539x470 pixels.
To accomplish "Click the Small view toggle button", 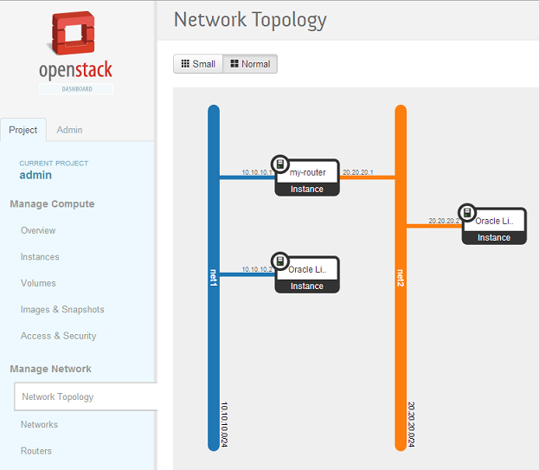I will pos(198,64).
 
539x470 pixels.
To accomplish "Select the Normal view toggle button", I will pos(250,64).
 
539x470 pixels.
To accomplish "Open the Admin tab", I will pos(69,130).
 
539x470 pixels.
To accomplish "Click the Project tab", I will pos(23,130).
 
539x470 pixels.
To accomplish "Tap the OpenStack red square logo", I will pos(75,35).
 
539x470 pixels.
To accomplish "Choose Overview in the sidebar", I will pos(38,230).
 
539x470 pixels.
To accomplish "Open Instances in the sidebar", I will pos(40,257).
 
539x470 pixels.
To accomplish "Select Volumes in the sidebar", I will pos(38,283).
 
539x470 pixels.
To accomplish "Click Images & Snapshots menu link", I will pos(62,310).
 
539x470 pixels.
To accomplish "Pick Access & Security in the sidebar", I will pos(58,336).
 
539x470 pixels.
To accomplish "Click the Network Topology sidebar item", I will pos(58,397).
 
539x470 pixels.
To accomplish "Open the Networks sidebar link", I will pos(39,425).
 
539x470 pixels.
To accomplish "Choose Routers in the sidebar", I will pos(36,451).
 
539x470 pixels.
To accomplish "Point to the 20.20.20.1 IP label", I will pos(357,172).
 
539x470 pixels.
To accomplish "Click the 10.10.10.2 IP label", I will pos(257,269).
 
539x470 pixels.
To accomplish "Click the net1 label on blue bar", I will pos(214,278).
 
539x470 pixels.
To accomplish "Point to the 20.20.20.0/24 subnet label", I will pos(412,424).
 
